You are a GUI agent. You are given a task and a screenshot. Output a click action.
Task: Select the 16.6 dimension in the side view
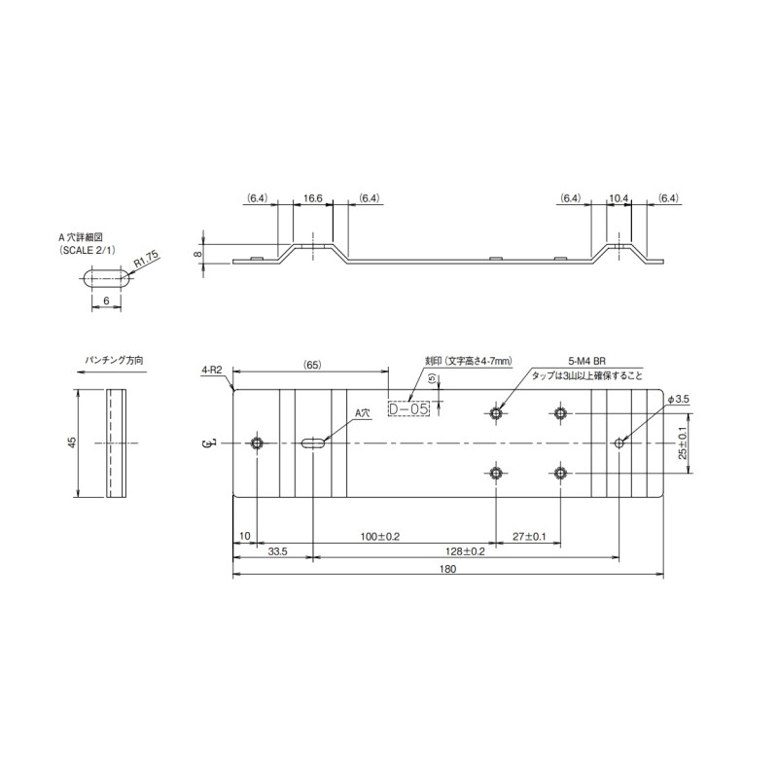coord(313,198)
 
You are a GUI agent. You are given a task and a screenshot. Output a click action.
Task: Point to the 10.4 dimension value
coord(619,198)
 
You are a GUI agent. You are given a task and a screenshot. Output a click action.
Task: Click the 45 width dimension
coord(72,443)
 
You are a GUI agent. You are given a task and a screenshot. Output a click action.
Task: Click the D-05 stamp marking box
coord(408,409)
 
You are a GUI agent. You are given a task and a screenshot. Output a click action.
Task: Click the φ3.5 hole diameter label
coord(678,399)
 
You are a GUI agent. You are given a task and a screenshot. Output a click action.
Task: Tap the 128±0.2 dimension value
coord(467,551)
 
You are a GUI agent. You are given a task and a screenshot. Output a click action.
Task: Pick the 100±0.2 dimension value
coord(380,537)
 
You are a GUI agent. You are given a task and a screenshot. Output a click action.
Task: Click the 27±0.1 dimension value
coord(529,537)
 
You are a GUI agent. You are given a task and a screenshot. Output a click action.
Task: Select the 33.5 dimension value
coord(277,551)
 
